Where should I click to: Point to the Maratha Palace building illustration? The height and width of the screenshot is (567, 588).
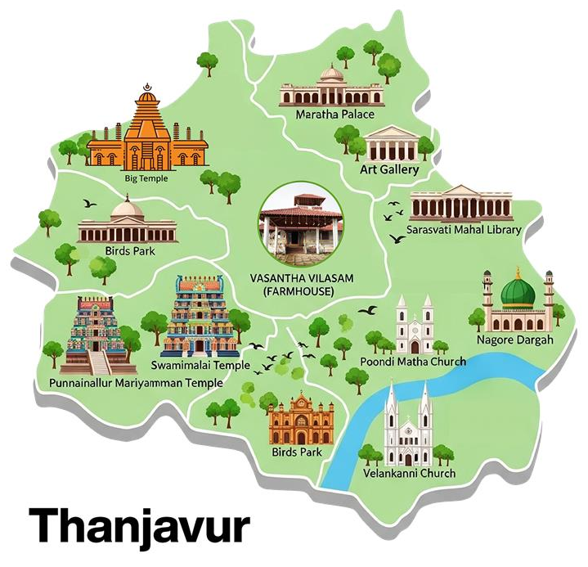[x=330, y=88]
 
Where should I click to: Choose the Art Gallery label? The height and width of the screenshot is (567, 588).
[x=389, y=169]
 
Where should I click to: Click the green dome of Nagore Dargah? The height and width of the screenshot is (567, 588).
[x=518, y=292]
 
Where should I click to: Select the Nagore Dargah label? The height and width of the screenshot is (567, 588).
[x=515, y=339]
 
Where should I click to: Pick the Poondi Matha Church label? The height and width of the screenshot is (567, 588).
[x=413, y=361]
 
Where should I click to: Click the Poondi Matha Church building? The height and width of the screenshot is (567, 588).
[x=415, y=325]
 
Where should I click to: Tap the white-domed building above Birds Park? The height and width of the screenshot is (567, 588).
[x=128, y=221]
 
